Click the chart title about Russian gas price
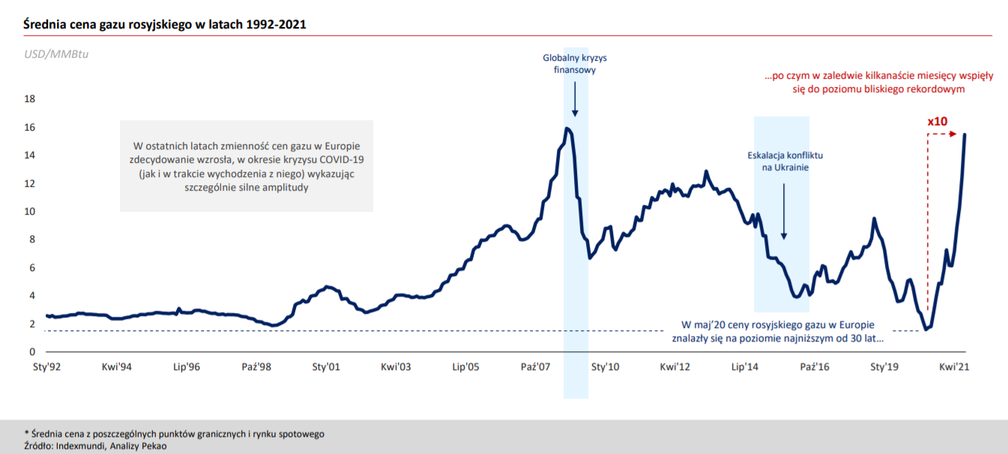point(164,25)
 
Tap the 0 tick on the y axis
point(32,352)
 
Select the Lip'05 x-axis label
point(466,368)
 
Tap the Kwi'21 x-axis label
point(956,368)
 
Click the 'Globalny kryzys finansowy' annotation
point(575,64)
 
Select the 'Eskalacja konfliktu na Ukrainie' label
point(785,161)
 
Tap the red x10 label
point(938,121)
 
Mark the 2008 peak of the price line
point(567,128)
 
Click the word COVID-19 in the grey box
point(341,160)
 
